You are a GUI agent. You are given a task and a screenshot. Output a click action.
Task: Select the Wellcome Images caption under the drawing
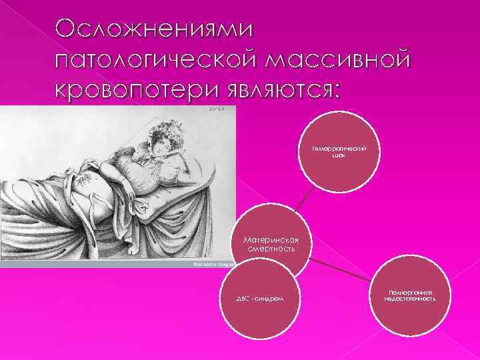tap(210, 264)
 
